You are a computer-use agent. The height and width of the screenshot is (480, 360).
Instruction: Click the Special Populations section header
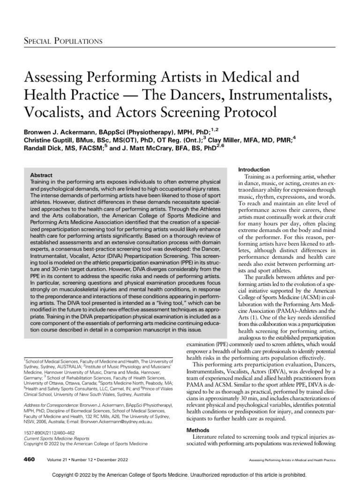63,41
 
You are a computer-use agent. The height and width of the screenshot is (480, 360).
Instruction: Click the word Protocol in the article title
244,112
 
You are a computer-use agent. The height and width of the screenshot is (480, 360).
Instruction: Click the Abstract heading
41,174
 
